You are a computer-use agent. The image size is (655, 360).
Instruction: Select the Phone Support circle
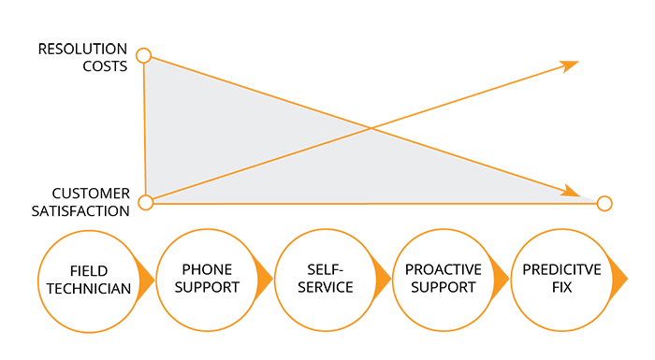[205, 279]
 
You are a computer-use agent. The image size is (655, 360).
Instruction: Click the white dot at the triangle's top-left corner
[143, 56]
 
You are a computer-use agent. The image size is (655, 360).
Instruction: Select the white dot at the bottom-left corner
[145, 202]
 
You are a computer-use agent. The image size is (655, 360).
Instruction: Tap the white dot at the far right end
[604, 203]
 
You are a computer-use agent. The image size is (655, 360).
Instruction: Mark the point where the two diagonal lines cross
[371, 130]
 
